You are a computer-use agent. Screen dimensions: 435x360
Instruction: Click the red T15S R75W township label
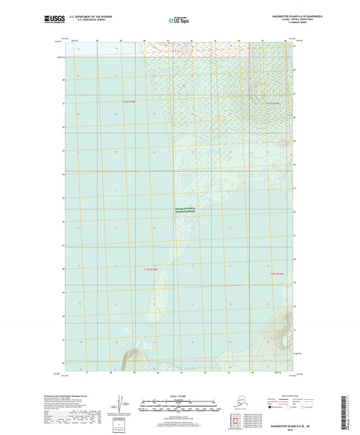tap(129, 102)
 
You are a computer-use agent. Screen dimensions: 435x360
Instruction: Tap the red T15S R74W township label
tap(272, 103)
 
